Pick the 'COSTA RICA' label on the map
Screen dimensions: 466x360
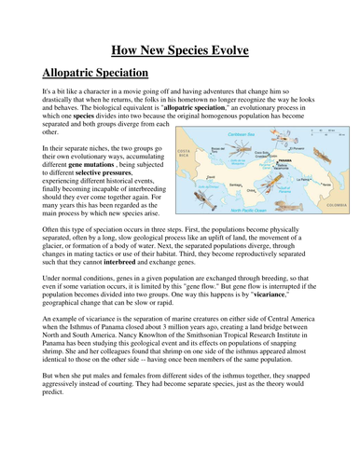click(x=183, y=152)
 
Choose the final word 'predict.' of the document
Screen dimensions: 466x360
click(x=55, y=445)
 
